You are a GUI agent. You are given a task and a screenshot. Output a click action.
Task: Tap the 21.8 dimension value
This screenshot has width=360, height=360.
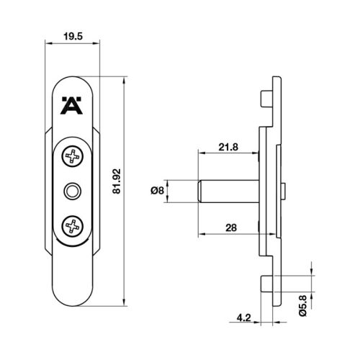(228, 148)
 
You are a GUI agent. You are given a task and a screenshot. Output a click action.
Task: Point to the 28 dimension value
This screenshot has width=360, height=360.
(230, 228)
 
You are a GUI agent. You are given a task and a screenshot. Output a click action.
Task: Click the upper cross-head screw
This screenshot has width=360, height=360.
(73, 156)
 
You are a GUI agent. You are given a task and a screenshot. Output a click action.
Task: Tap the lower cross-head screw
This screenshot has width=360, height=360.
(73, 227)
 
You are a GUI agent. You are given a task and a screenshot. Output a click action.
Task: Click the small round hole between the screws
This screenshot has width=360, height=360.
(73, 191)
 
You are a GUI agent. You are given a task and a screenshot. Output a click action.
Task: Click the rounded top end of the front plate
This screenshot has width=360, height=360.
(73, 81)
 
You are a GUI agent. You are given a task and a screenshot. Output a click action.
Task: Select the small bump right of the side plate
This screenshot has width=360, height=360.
(284, 191)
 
